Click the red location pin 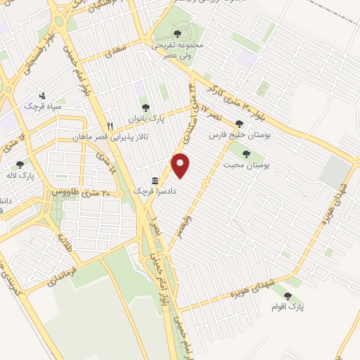[181, 166]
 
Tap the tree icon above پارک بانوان [145, 108]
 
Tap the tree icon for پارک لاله [20, 165]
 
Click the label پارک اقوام [287, 307]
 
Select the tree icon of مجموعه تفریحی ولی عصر [175, 33]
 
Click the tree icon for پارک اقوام [288, 296]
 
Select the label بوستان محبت [247, 165]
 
